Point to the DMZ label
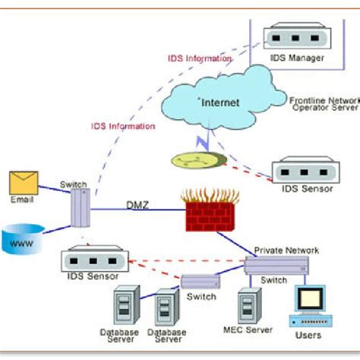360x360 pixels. point(138,204)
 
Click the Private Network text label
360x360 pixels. point(286,250)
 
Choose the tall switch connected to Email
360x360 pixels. point(81,207)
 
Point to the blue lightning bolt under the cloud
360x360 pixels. point(201,139)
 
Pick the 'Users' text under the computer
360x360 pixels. point(308,335)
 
